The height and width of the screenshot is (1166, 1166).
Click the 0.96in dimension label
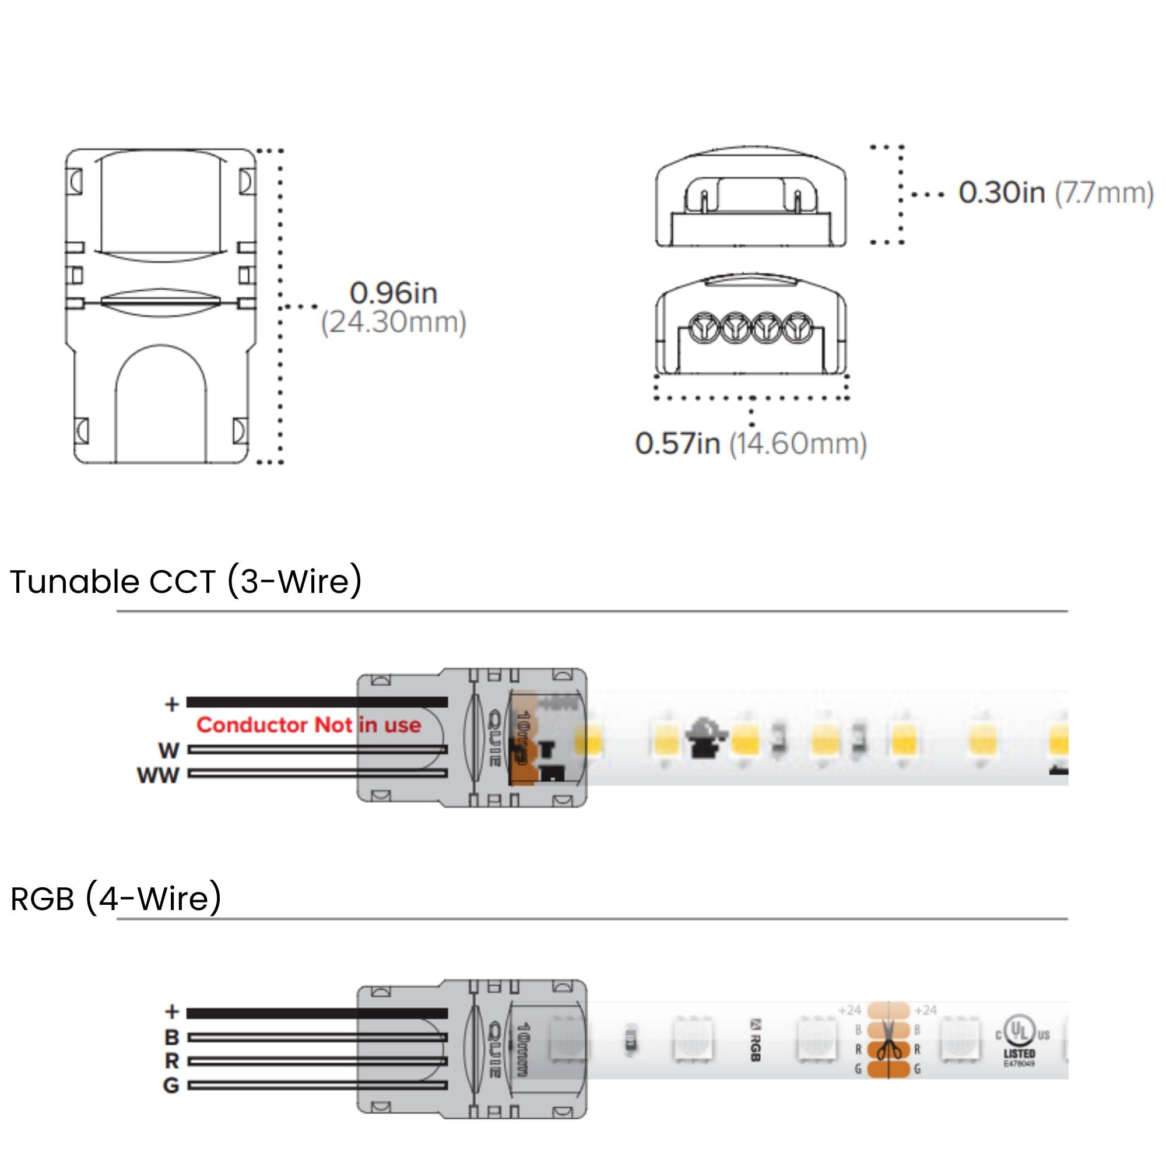click(394, 294)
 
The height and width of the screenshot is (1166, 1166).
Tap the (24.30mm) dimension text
click(394, 322)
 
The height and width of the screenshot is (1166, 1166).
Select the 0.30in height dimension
click(1001, 193)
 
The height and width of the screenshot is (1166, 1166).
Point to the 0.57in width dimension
click(677, 444)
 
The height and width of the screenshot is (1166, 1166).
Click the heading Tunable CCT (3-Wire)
click(186, 582)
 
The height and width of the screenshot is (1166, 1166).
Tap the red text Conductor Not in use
click(308, 725)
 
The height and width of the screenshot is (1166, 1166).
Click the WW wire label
click(158, 775)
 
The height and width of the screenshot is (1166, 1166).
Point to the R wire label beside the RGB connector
click(172, 1061)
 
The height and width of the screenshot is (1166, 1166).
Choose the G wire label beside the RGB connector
click(171, 1086)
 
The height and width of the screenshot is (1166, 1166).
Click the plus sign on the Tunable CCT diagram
click(172, 704)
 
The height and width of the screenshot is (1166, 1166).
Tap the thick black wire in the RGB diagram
click(317, 1013)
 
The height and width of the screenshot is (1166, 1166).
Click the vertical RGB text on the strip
click(755, 1040)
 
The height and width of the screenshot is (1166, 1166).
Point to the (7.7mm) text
click(1104, 193)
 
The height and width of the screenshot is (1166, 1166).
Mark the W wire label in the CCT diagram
click(169, 751)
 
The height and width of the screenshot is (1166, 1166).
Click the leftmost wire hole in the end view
click(704, 326)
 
